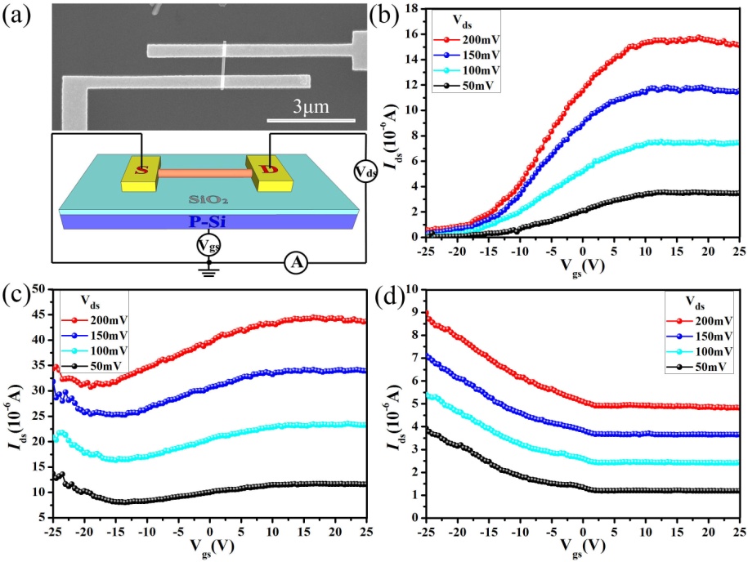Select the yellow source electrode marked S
141,170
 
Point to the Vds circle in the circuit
365,172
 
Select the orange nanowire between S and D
204,173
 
